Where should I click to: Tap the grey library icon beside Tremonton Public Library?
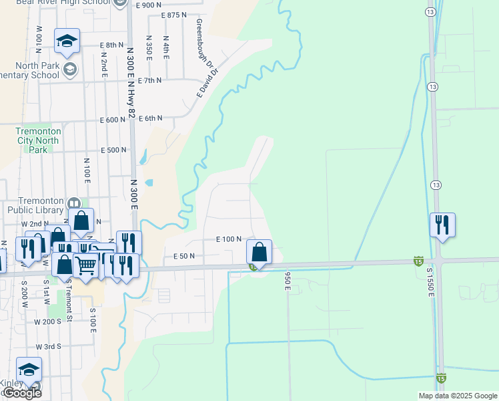73,203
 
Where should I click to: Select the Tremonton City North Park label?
38,141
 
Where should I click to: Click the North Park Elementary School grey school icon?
69,68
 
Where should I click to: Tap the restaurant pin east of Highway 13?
442,225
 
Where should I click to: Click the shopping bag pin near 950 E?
259,253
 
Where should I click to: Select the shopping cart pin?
87,265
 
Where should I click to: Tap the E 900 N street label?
148,5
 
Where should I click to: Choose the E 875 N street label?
173,15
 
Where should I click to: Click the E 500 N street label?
113,150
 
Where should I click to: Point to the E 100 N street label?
228,239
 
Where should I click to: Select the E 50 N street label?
183,256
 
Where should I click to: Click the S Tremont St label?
69,290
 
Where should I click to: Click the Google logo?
21,392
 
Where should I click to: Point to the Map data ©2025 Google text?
457,396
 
